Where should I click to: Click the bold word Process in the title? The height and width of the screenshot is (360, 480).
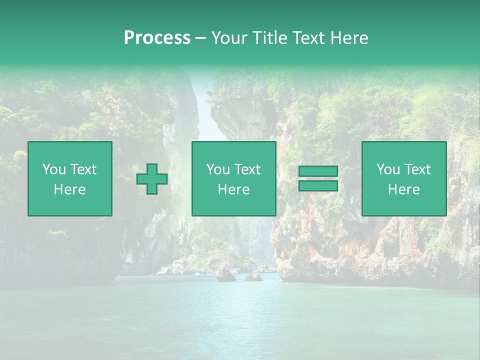157,38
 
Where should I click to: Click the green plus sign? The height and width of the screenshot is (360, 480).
152,179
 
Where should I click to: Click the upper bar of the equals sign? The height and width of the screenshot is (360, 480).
318,171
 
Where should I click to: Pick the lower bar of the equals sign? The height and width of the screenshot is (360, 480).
318,186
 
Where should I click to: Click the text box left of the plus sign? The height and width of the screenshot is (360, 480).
70,178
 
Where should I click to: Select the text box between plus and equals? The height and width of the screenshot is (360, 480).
233,178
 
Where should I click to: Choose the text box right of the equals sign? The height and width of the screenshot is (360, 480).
404,178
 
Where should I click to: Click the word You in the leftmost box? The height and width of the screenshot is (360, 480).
54,169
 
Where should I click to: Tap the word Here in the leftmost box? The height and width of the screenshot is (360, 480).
70,189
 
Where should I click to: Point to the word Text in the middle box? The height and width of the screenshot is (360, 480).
246,169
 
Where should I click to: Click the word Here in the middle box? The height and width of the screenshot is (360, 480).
233,189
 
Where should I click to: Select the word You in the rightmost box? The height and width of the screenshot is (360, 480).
388,169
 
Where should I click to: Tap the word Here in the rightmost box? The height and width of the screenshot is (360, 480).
404,189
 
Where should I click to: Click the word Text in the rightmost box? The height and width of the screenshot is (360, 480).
416,169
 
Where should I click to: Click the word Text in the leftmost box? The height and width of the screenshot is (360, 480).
82,169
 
